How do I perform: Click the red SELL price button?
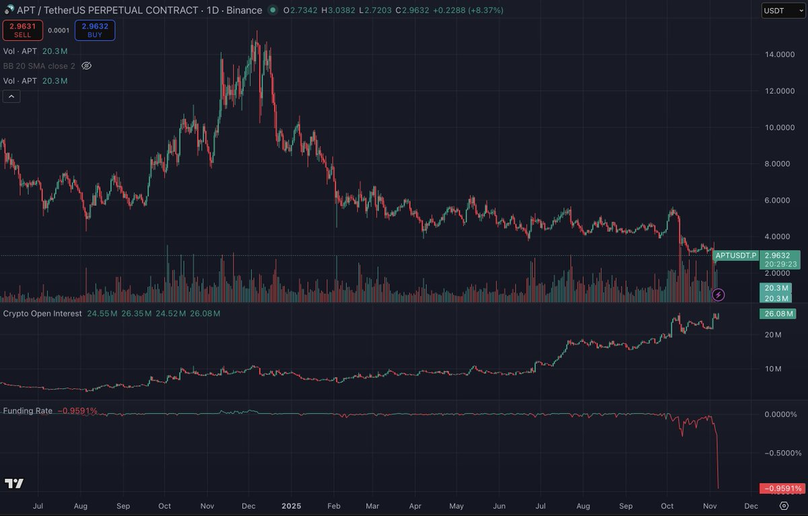(23, 30)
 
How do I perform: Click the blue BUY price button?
(95, 30)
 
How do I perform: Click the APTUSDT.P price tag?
(736, 256)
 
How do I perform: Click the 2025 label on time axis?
(292, 505)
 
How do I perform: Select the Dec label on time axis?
(751, 505)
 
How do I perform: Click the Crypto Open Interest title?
(42, 314)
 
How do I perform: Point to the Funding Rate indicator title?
(28, 410)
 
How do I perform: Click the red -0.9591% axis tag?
(781, 488)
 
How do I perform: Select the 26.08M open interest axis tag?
(777, 314)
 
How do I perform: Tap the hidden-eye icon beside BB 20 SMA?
(86, 66)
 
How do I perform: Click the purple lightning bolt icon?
(718, 294)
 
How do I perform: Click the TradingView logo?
(13, 484)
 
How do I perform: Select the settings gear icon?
(784, 505)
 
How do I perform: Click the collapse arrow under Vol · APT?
(11, 96)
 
